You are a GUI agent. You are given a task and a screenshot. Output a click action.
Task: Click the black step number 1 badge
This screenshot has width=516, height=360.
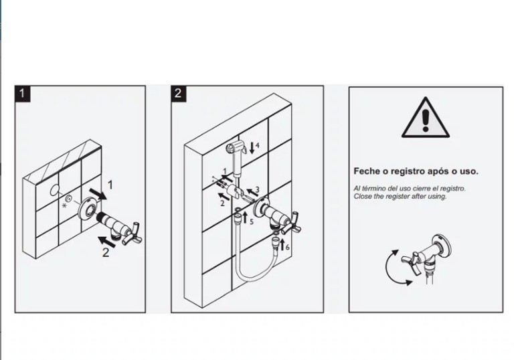(x=22, y=94)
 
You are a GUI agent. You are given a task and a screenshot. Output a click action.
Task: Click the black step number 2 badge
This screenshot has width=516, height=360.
(x=179, y=94)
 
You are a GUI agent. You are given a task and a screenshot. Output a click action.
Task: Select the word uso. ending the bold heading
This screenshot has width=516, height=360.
(x=469, y=171)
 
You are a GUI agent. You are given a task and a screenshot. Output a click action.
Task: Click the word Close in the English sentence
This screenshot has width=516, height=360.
(x=361, y=197)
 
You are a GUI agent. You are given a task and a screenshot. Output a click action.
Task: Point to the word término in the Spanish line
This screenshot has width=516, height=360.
(x=373, y=189)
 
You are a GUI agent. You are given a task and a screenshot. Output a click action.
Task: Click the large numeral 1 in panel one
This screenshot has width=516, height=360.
(x=110, y=185)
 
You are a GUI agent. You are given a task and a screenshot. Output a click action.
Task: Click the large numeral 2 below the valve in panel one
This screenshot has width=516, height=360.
(x=106, y=252)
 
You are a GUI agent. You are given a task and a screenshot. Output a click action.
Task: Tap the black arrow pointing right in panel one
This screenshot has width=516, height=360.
(x=98, y=194)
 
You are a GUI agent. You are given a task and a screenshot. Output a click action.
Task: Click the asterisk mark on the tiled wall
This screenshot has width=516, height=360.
(x=64, y=205)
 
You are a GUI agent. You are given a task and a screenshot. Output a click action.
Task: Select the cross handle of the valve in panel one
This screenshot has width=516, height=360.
(x=133, y=232)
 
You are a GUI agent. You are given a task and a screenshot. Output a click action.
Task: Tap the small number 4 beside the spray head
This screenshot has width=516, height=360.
(x=258, y=145)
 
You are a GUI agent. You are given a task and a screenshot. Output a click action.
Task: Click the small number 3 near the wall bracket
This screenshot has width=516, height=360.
(x=258, y=189)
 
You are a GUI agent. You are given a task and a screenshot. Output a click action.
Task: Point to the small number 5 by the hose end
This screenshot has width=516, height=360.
(x=252, y=221)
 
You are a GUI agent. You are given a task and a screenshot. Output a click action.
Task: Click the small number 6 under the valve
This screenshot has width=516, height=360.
(x=288, y=247)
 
